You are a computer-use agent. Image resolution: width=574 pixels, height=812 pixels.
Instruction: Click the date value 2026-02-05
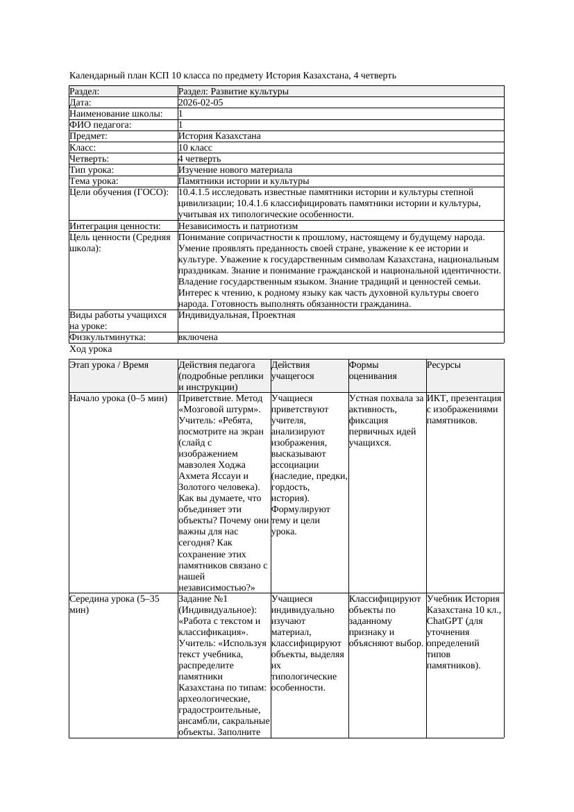click(x=201, y=103)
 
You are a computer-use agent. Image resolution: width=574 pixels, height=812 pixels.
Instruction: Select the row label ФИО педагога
click(x=101, y=125)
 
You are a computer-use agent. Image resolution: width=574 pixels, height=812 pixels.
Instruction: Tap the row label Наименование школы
click(x=116, y=114)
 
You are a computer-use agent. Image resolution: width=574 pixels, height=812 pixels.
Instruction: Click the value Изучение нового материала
click(x=235, y=170)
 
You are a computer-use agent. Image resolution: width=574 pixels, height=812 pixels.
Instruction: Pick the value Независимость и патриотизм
click(x=238, y=226)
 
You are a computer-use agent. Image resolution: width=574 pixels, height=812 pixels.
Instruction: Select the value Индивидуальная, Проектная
click(x=237, y=315)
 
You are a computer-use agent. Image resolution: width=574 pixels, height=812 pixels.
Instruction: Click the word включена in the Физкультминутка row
click(x=198, y=337)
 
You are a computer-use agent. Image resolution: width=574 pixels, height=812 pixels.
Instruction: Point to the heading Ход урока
click(x=91, y=350)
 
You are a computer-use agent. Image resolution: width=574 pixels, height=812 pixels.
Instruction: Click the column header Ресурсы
click(x=444, y=365)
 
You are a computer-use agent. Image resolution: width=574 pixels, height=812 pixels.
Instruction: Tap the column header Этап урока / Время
click(x=109, y=365)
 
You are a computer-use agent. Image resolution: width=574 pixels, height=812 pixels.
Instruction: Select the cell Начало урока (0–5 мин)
click(x=119, y=399)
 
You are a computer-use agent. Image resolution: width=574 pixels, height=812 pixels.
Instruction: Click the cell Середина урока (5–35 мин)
click(x=115, y=604)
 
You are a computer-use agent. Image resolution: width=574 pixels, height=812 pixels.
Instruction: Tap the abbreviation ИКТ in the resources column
click(x=437, y=399)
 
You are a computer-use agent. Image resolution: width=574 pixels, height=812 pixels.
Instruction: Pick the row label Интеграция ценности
click(x=115, y=226)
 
